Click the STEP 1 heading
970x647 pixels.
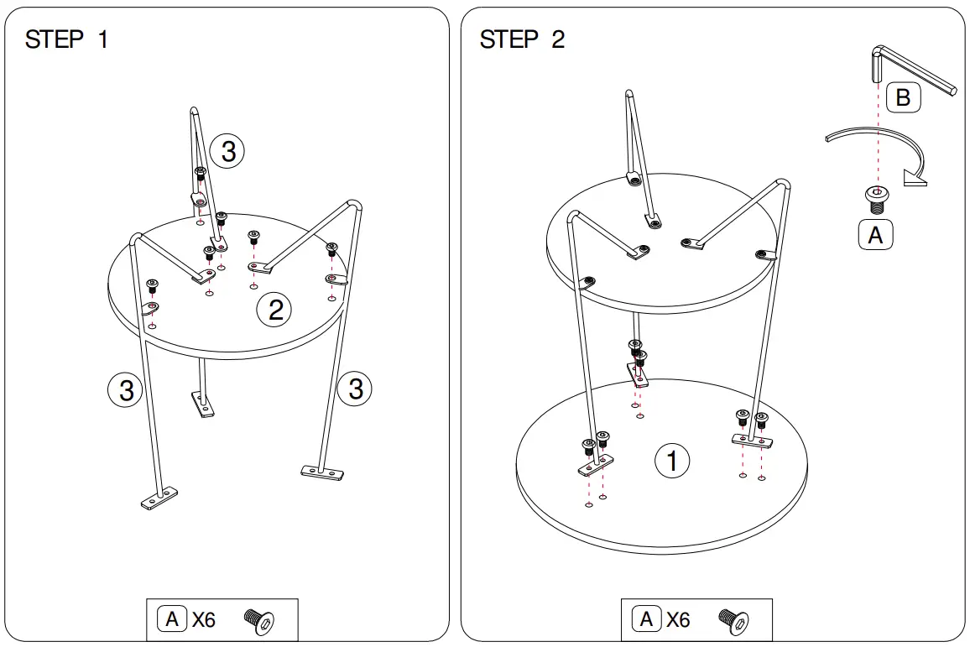[x=66, y=39]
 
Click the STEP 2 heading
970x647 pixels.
[x=522, y=39]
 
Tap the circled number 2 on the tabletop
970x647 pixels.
[x=274, y=311]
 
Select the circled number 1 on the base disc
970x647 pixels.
[x=672, y=460]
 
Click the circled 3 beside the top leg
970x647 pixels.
[x=227, y=152]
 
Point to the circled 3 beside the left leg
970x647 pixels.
[x=126, y=389]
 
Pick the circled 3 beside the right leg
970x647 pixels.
[x=356, y=389]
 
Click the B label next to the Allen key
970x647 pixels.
[x=903, y=98]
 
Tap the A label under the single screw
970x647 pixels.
[x=875, y=236]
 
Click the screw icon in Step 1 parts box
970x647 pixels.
[x=260, y=621]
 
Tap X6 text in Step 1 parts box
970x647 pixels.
[x=203, y=620]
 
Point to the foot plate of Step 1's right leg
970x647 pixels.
[x=322, y=472]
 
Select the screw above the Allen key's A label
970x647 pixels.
[x=877, y=199]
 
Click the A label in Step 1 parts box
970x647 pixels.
[x=172, y=620]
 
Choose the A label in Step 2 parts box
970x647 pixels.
[x=646, y=620]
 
